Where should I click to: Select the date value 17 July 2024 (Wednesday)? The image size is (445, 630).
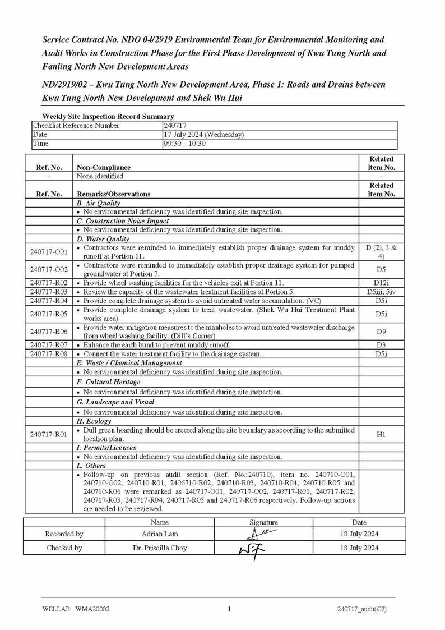tap(203, 135)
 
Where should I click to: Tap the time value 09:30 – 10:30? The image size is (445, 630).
tap(184, 144)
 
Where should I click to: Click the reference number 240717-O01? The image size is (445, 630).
tap(49, 252)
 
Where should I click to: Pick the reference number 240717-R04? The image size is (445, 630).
tap(49, 301)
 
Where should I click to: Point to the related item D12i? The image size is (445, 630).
tap(381, 283)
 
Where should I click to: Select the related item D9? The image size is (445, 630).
tap(381, 332)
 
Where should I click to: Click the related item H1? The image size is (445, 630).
tap(381, 434)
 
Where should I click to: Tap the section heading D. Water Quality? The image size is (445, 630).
tap(103, 239)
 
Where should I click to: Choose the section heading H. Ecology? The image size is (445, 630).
tap(94, 421)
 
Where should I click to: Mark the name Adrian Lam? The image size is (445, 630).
tap(160, 534)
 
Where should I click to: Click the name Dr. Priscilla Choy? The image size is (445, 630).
tap(160, 548)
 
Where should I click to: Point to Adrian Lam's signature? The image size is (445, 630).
tap(263, 534)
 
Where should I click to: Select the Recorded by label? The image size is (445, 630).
tap(64, 534)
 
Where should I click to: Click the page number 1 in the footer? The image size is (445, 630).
tap(229, 609)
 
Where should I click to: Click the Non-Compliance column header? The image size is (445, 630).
tap(104, 167)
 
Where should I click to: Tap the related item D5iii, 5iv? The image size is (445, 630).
tap(381, 292)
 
